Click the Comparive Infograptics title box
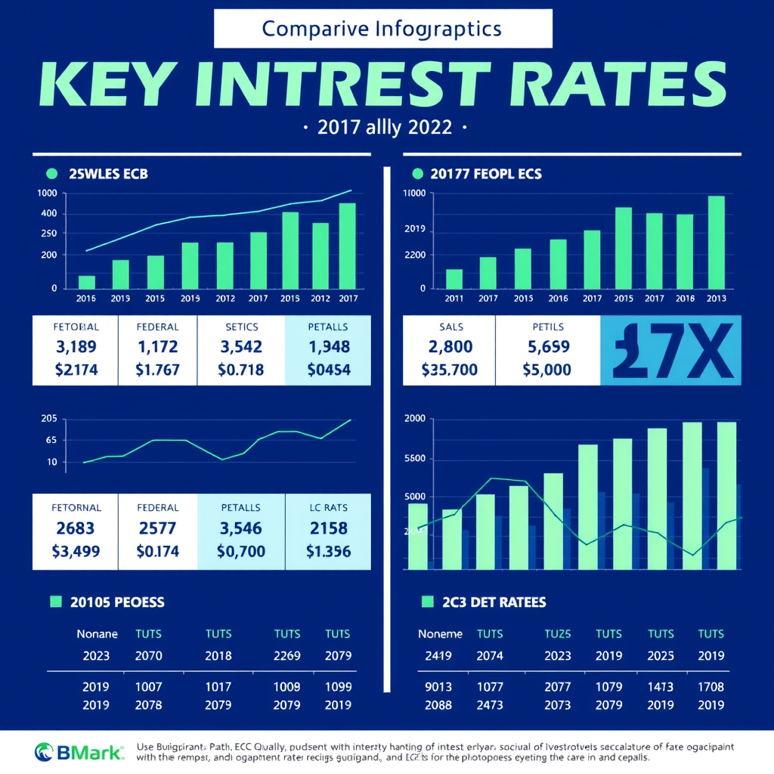tap(383, 29)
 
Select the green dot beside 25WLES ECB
tap(52, 174)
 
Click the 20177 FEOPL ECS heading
tap(485, 174)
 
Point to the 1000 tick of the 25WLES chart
tap(47, 193)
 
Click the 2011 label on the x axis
tap(454, 299)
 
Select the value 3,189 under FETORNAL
tap(76, 348)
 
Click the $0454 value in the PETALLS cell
tap(328, 370)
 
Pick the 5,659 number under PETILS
tap(546, 348)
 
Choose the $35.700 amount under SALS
tap(449, 370)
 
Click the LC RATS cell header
tap(328, 507)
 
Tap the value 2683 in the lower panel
tap(76, 528)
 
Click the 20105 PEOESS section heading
tap(116, 602)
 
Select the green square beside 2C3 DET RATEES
tap(427, 602)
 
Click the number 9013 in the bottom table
tap(438, 687)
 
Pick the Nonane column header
tap(97, 634)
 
